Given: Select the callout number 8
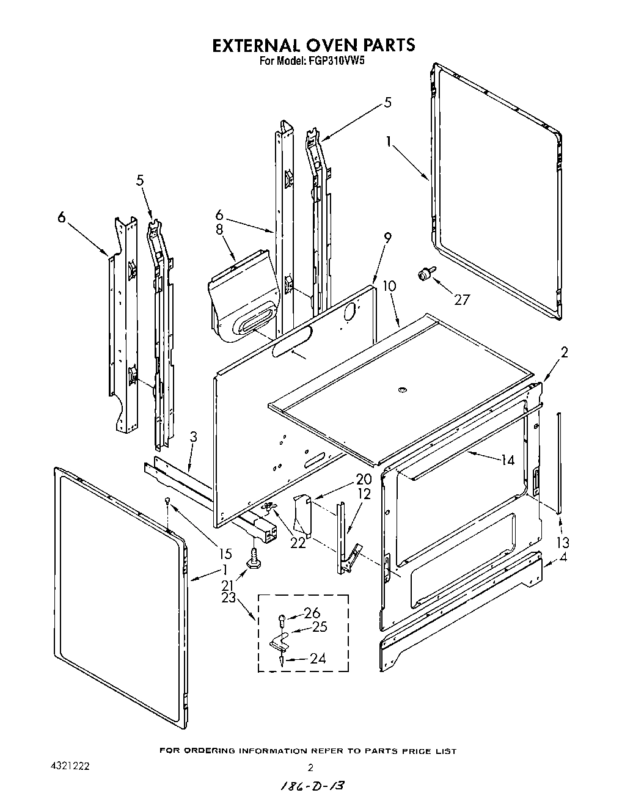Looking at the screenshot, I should click(219, 230).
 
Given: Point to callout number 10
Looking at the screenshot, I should click(389, 286).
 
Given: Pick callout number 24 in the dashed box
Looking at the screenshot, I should click(316, 658).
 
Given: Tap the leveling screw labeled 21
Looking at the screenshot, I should click(251, 557).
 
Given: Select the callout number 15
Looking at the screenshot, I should click(224, 554).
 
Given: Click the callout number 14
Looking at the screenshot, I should click(507, 461).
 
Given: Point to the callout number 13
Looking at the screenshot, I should click(562, 542).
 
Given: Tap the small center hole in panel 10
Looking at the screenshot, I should click(401, 389).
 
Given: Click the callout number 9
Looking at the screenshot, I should click(388, 236).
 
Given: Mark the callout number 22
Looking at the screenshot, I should click(298, 543).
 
